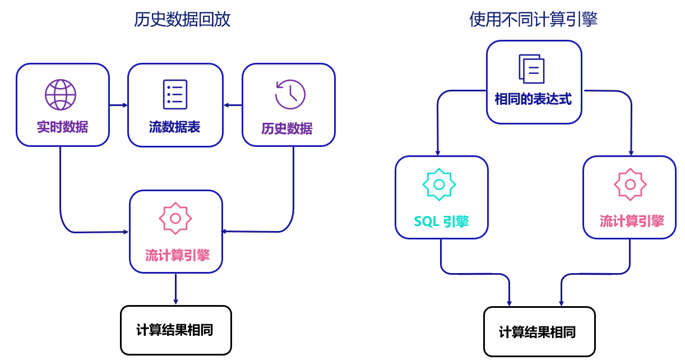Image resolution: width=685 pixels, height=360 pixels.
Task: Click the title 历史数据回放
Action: pyautogui.click(x=182, y=20)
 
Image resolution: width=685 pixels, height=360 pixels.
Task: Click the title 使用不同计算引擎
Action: pyautogui.click(x=533, y=20)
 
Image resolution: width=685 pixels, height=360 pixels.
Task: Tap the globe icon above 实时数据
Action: pyautogui.click(x=61, y=94)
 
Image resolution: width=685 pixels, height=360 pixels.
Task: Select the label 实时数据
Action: pyautogui.click(x=63, y=127)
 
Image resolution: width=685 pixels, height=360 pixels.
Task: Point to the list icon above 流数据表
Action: pyautogui.click(x=175, y=94)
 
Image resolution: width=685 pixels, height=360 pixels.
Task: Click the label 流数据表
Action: pyautogui.click(x=175, y=127)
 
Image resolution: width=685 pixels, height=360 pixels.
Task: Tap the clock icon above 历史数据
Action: pyautogui.click(x=290, y=94)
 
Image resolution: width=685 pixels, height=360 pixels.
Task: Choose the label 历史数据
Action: pyautogui.click(x=287, y=128)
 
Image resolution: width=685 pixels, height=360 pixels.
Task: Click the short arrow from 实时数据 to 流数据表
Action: pyautogui.click(x=118, y=105)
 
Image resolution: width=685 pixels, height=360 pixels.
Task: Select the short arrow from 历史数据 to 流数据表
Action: pyautogui.click(x=233, y=105)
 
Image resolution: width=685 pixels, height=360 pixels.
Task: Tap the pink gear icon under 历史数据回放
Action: pyautogui.click(x=175, y=218)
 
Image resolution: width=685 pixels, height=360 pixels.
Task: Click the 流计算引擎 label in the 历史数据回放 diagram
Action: pyautogui.click(x=177, y=256)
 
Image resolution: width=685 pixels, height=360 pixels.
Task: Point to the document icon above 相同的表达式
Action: pyautogui.click(x=531, y=69)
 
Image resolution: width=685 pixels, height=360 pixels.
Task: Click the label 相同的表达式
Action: pyautogui.click(x=533, y=100)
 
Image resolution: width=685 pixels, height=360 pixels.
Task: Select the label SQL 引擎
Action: pyautogui.click(x=441, y=221)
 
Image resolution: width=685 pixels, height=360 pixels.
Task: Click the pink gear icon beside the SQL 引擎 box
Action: pyautogui.click(x=630, y=184)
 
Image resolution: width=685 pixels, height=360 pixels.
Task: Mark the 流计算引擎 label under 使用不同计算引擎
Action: pyautogui.click(x=632, y=221)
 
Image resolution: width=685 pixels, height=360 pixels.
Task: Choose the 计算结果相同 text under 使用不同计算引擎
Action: pyautogui.click(x=538, y=332)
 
